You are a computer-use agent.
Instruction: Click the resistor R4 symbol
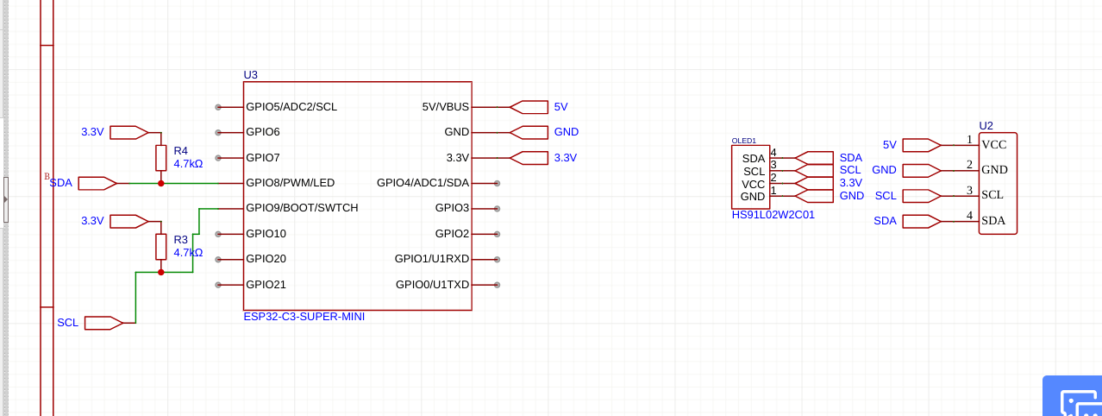pos(160,158)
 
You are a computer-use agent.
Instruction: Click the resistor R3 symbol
pos(160,246)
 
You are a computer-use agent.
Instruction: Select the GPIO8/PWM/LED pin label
pos(290,183)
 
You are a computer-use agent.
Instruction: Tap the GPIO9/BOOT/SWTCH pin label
pos(301,208)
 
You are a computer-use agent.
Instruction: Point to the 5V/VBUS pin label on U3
pos(445,107)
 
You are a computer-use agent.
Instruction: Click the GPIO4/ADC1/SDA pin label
pos(423,183)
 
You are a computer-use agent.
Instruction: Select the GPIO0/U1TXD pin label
pos(432,284)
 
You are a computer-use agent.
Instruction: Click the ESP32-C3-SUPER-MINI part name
pos(304,317)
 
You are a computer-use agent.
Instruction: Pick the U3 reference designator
pos(250,75)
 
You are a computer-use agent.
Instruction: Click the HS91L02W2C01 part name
pos(773,215)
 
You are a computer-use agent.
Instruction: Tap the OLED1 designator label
pos(743,140)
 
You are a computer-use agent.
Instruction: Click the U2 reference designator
pos(986,126)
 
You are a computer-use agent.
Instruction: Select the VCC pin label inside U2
pos(993,145)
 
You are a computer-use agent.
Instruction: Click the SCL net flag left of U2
pos(921,196)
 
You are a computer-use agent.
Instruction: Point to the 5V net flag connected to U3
pos(529,107)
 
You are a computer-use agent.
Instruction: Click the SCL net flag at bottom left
pos(103,323)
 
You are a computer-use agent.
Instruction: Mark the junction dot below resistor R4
pos(160,183)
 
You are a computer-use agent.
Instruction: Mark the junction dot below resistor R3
pos(160,272)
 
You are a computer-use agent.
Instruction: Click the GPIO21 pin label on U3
pos(266,284)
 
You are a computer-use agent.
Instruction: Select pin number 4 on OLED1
pos(773,153)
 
